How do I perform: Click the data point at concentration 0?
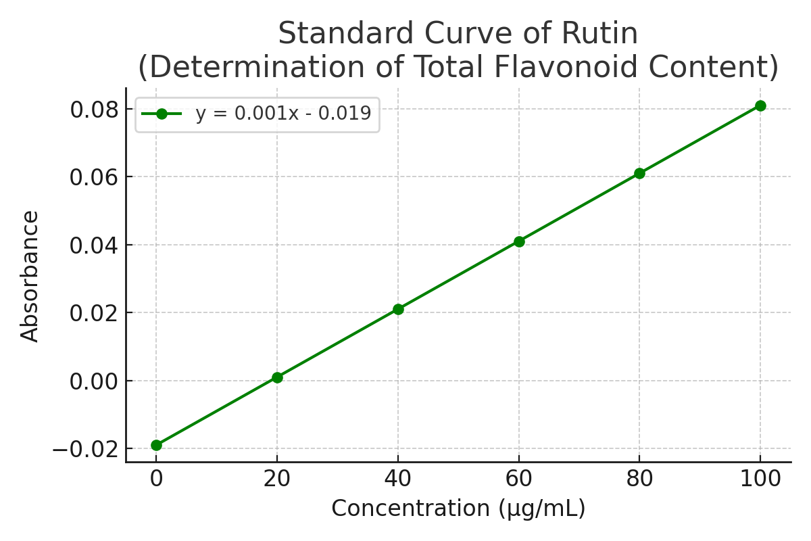point(156,445)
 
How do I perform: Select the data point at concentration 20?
point(277,377)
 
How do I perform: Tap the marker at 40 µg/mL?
point(398,309)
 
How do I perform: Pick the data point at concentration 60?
point(519,241)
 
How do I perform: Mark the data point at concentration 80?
point(639,173)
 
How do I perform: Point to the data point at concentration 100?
point(760,105)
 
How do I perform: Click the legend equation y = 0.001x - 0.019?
point(283,114)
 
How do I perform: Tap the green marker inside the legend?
point(162,114)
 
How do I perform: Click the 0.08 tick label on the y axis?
point(95,110)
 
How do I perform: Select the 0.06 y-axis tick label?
point(95,177)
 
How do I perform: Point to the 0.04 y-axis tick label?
point(95,245)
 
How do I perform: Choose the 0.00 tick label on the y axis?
point(95,381)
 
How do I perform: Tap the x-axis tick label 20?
point(277,479)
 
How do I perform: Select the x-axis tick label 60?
point(519,479)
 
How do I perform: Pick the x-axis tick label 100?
point(760,479)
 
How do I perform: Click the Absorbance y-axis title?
point(30,276)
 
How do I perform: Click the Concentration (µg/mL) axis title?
point(458,509)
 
